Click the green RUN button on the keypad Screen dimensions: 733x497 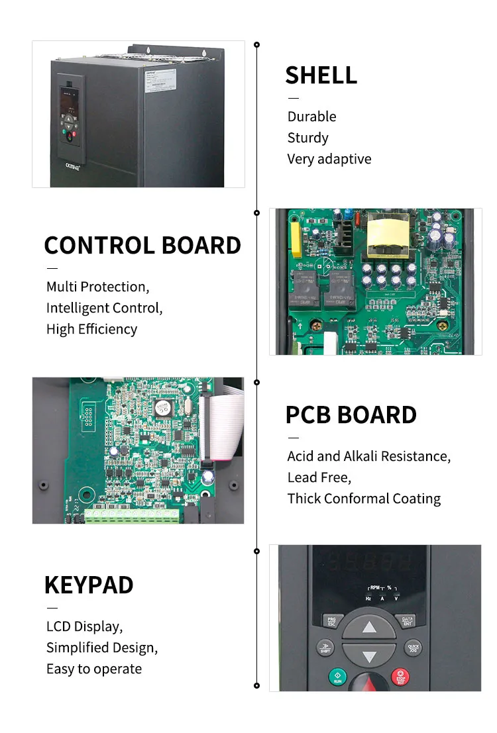(337, 677)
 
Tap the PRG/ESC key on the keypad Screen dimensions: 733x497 (331, 622)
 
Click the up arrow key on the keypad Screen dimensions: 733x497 (369, 627)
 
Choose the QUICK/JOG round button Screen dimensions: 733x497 (413, 648)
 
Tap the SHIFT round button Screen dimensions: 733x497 (325, 648)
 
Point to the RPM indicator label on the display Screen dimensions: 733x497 (376, 587)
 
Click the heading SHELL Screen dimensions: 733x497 (321, 75)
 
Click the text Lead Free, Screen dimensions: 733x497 (319, 477)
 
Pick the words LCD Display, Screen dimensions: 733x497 (84, 626)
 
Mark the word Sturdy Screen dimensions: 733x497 (307, 138)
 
